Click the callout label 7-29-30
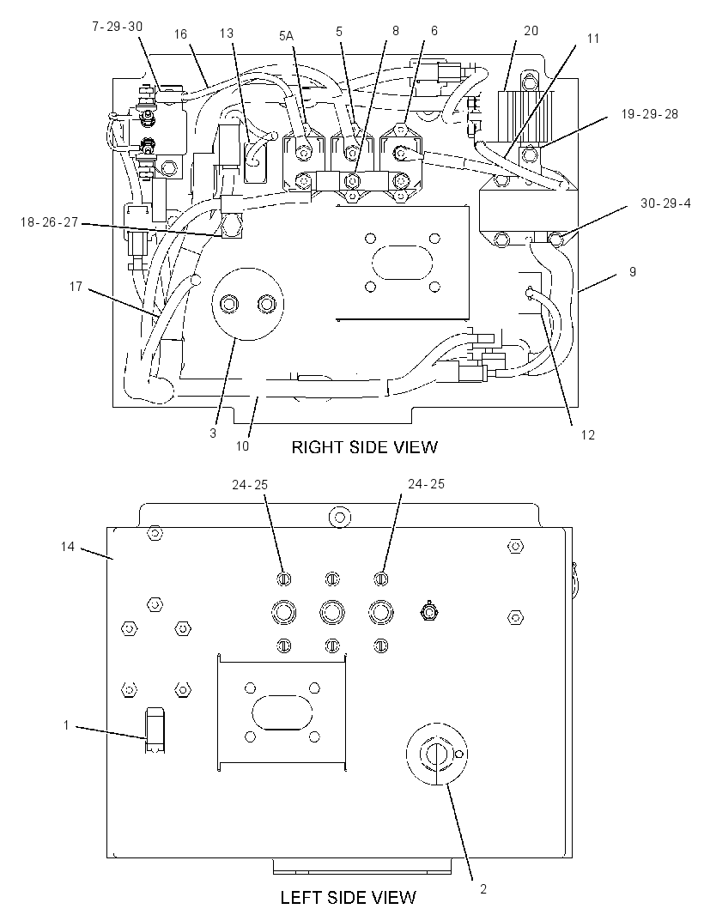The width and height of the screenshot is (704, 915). [118, 27]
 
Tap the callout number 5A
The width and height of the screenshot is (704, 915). [286, 36]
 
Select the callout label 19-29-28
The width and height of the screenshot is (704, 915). [650, 114]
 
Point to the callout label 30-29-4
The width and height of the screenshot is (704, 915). [665, 203]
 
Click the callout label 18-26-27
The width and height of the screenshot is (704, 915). [49, 222]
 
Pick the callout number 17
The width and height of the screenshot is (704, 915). [76, 287]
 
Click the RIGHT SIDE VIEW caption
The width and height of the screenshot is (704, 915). [364, 447]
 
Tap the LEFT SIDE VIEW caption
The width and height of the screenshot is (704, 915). [349, 897]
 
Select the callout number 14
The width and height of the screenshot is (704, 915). [68, 547]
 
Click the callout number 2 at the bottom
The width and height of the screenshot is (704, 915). [482, 890]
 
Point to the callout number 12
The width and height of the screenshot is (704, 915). [588, 434]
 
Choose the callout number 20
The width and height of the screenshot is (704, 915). [531, 30]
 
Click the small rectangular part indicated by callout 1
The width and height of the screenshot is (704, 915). [155, 730]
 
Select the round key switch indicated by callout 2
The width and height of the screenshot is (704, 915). [437, 753]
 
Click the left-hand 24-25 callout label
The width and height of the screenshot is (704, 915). [250, 485]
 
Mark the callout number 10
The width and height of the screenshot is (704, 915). [242, 445]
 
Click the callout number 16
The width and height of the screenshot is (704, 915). [180, 33]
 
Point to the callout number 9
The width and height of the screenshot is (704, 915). [633, 271]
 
